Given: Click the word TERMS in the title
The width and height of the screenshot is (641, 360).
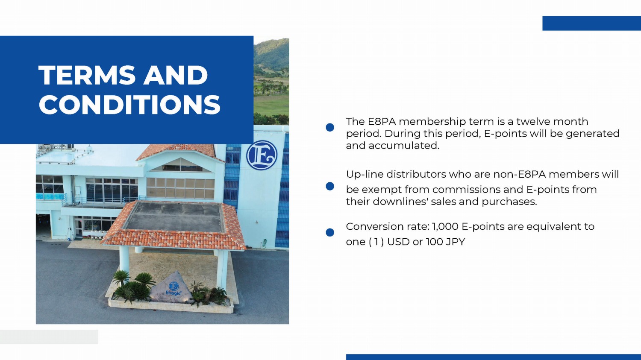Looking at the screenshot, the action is coord(87,75).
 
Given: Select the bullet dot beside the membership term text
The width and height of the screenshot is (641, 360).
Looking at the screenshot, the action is coord(330,128).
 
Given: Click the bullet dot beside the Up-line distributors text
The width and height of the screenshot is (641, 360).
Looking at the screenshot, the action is coord(330,186).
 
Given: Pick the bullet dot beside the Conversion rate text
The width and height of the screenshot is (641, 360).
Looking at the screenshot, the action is coord(330,232).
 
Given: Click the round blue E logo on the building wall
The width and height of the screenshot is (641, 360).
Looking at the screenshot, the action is coord(262,155).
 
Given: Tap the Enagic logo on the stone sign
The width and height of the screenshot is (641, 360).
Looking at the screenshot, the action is coord(173,288).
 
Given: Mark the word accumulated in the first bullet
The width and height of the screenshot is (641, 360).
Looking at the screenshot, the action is coord(404,146).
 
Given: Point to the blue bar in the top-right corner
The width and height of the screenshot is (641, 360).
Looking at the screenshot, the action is coord(591,23).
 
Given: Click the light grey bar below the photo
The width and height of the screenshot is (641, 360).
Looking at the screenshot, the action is coord(49,337).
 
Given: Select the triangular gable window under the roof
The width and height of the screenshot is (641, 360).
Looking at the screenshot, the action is coord(180,165).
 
